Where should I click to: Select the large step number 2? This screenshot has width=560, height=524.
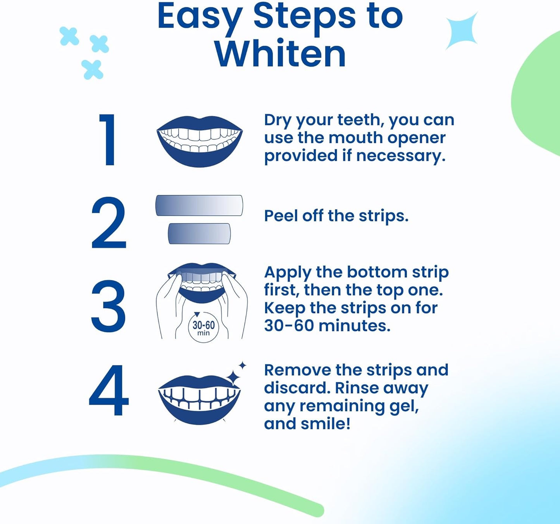coord(109,223)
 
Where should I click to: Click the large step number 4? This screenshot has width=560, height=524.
coord(109,390)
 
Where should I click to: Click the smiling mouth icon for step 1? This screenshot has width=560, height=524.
coord(200,141)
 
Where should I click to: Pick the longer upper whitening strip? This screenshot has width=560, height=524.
coord(199,205)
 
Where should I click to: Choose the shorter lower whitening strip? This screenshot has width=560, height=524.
coord(199,234)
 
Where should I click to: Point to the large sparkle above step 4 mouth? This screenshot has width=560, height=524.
coord(234,377)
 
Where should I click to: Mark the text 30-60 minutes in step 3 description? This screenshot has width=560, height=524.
coord(327,326)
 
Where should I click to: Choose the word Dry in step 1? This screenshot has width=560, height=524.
coord(278,120)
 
